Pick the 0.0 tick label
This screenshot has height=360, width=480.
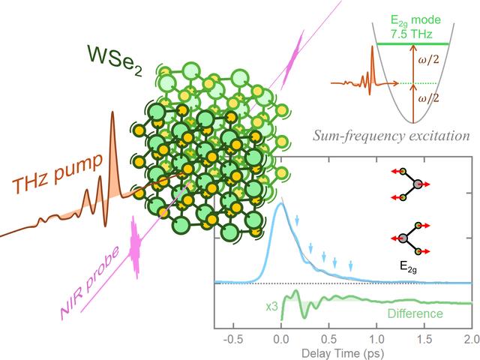(x=281, y=338)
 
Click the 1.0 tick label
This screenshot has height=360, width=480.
(x=376, y=338)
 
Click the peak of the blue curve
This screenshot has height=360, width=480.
(x=280, y=205)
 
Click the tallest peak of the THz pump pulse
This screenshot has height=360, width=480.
(x=112, y=114)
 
